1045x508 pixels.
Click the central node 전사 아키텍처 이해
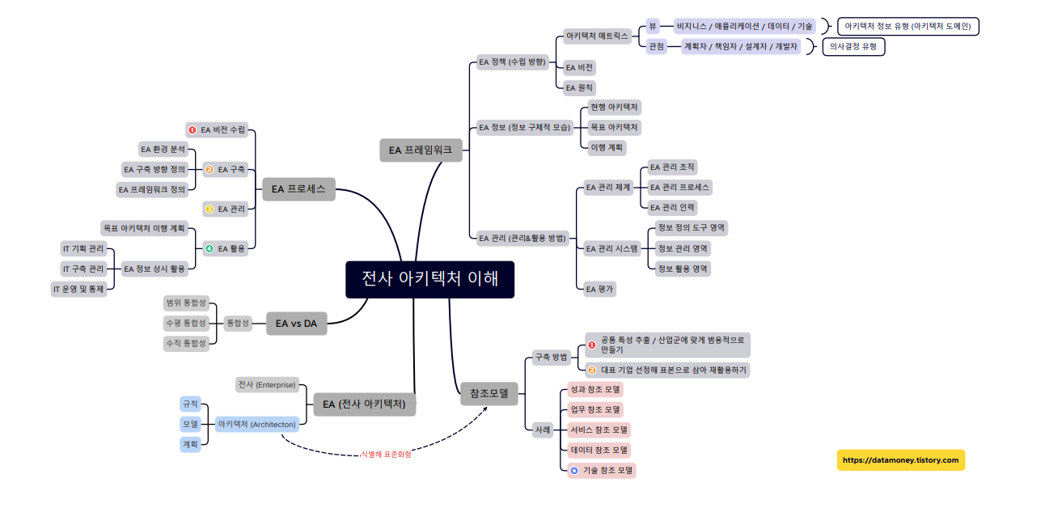(x=429, y=279)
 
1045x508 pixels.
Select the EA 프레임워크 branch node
(x=421, y=150)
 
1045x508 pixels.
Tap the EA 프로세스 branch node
(x=298, y=189)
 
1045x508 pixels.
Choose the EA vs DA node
(x=296, y=324)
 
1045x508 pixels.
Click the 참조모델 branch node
(x=489, y=394)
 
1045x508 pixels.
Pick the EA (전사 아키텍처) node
(x=364, y=404)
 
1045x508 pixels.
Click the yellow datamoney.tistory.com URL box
(x=900, y=460)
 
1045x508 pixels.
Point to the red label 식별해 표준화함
(x=386, y=455)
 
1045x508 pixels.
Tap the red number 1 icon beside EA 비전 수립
(x=192, y=129)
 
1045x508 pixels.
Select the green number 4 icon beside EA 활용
(x=209, y=248)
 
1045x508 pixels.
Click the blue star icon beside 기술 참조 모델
(x=574, y=470)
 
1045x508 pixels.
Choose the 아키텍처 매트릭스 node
(x=597, y=36)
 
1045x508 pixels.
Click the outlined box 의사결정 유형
(x=853, y=47)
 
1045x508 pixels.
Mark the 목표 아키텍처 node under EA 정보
(x=614, y=127)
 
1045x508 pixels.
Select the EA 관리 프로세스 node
(x=679, y=187)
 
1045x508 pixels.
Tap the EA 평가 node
(x=599, y=288)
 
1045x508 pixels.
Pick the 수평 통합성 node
(x=186, y=323)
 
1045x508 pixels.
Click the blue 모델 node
(x=190, y=424)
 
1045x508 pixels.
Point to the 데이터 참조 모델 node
(x=600, y=450)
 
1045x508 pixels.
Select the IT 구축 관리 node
(x=83, y=269)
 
